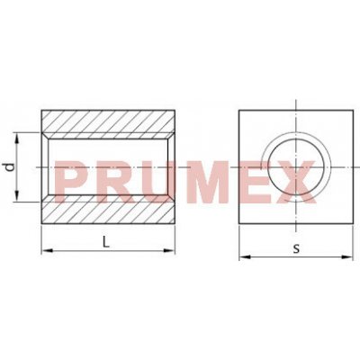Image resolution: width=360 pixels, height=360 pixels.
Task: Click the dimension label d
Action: click(11, 167)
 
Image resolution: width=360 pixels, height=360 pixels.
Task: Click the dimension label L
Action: click(105, 242)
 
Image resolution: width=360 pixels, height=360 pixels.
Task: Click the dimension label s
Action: click(296, 248)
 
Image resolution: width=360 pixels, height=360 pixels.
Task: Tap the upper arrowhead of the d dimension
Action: click(17, 139)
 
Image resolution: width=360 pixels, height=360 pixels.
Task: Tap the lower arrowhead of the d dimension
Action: click(17, 195)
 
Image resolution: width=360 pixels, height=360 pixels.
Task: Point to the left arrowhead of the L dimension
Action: click(48, 250)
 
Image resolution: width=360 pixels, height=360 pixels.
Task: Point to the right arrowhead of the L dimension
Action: click(168, 250)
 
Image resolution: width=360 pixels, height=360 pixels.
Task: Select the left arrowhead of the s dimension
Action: click(246, 256)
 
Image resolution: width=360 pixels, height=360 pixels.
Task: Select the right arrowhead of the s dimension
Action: click(346, 256)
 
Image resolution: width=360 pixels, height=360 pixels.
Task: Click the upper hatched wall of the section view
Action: click(108, 121)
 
